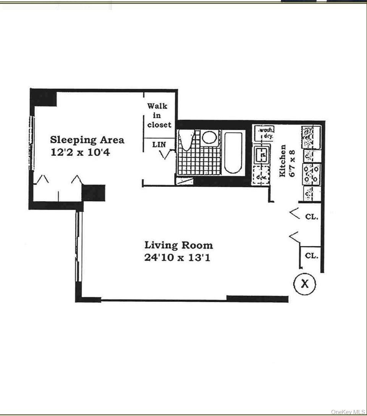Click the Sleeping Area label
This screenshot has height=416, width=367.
[87, 140]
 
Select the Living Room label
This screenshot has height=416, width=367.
[178, 245]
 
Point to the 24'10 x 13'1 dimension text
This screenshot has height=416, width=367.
[177, 258]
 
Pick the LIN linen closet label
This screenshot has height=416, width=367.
[159, 145]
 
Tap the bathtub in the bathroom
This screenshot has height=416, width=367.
[233, 153]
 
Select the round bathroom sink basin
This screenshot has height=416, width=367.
[209, 138]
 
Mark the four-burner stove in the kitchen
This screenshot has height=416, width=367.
[311, 174]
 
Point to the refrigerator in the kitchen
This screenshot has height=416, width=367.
[311, 138]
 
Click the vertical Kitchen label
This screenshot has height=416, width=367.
[283, 160]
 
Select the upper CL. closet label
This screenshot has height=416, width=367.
[312, 217]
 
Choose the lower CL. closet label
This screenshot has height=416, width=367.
[312, 256]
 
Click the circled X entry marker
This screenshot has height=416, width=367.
[304, 283]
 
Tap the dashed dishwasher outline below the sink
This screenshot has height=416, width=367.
[260, 177]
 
